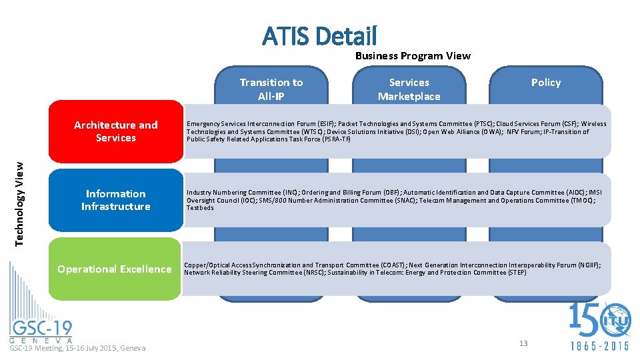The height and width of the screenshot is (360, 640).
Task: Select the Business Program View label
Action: pos(413,56)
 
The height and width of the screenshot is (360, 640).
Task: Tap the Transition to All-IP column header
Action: pos(271,89)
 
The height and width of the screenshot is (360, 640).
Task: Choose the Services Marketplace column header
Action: pos(409,89)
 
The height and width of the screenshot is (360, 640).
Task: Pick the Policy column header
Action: pos(545,83)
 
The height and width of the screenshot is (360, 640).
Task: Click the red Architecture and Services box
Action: pos(115,131)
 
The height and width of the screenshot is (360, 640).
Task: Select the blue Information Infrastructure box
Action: pos(115,200)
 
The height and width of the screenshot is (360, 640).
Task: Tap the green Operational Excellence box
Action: pos(115,269)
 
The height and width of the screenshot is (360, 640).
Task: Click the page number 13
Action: pos(523,343)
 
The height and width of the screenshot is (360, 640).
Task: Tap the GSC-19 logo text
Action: pos(41,328)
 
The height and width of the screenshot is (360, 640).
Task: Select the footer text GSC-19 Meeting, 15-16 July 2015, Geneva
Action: pos(77,348)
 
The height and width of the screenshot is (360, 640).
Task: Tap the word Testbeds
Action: pos(200,208)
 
